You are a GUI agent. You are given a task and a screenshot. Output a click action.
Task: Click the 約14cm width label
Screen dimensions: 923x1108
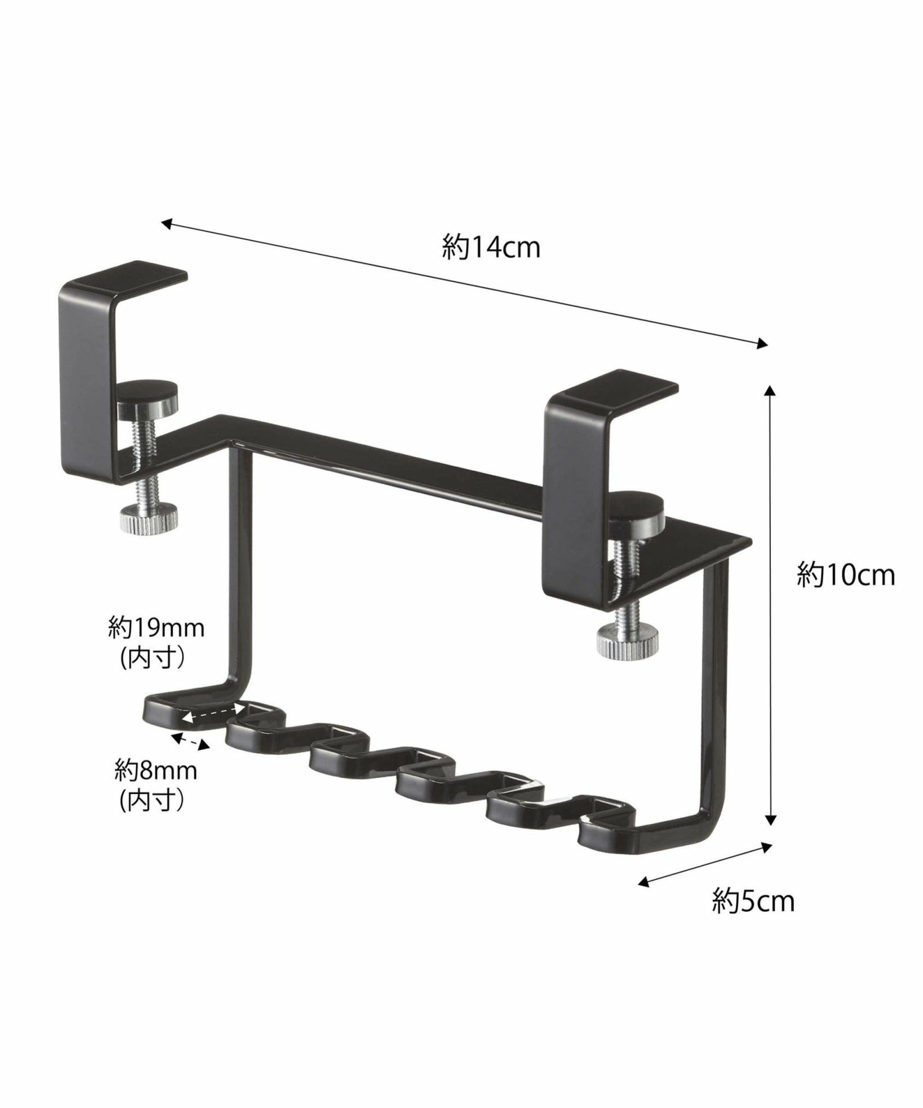491,248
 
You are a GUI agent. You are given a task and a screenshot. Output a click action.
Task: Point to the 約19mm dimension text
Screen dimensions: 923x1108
156,628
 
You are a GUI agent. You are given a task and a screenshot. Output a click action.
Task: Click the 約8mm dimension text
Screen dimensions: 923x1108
156,770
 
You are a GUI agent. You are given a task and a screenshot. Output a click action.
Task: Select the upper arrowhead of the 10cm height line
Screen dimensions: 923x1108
769,392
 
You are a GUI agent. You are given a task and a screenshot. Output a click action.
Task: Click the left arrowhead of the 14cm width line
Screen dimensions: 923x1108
166,222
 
